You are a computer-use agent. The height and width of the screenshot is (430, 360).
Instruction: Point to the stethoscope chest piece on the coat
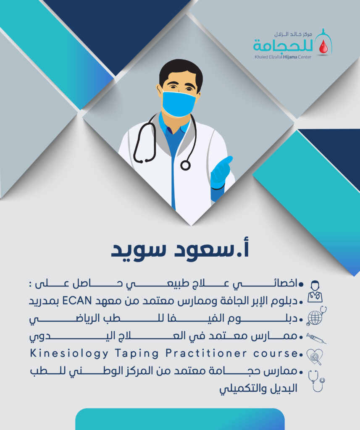(185, 165)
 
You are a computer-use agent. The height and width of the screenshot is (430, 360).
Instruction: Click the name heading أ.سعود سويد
(180, 250)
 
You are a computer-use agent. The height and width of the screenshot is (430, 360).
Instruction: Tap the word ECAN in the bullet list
(77, 301)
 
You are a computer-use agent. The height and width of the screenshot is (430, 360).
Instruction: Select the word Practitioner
(206, 353)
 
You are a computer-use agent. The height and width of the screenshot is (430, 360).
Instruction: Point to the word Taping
(137, 354)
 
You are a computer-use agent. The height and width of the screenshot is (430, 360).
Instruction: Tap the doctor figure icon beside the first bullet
(315, 291)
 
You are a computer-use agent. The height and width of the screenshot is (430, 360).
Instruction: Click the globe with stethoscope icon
(316, 316)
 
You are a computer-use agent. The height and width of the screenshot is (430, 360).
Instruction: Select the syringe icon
(316, 338)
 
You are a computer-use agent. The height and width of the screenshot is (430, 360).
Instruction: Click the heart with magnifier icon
(315, 357)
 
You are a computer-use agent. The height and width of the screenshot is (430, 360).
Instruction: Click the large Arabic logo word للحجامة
(283, 45)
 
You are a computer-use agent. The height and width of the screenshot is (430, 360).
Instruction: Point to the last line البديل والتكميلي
(258, 389)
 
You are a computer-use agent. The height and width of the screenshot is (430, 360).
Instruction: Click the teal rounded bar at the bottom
(180, 419)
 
